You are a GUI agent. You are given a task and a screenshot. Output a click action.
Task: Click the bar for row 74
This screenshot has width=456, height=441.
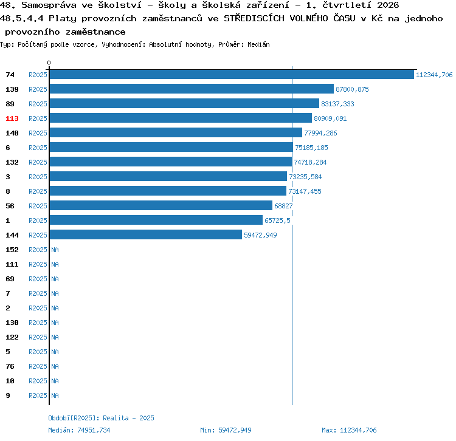pyautogui.click(x=232, y=75)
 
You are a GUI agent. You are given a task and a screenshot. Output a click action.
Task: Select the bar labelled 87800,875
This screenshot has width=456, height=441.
pyautogui.click(x=192, y=89)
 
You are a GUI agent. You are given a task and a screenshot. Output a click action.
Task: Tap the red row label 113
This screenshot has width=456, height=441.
pyautogui.click(x=12, y=118)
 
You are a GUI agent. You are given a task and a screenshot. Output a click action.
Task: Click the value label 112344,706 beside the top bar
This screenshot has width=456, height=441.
pyautogui.click(x=434, y=75)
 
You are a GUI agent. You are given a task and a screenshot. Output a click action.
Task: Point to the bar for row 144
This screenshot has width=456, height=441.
pyautogui.click(x=146, y=234)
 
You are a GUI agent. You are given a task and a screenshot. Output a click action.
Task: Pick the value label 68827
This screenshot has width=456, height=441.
pyautogui.click(x=283, y=206)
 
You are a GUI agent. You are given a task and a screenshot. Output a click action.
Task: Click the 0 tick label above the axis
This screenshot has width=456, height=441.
pyautogui.click(x=49, y=63)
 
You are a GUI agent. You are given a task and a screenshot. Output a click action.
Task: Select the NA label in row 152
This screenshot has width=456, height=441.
pyautogui.click(x=55, y=250)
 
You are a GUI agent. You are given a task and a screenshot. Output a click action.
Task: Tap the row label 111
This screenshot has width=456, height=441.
pyautogui.click(x=12, y=264)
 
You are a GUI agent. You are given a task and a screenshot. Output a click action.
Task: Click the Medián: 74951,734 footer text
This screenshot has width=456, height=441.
pyautogui.click(x=79, y=430)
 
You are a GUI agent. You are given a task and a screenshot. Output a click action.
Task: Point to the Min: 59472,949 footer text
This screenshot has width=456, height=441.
pyautogui.click(x=226, y=430)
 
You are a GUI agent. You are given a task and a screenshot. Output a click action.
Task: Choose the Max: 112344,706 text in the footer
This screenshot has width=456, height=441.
pyautogui.click(x=349, y=430)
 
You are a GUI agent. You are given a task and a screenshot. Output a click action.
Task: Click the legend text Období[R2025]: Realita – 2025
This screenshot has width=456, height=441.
pyautogui.click(x=101, y=418)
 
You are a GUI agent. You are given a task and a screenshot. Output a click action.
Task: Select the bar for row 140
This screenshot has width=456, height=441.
pyautogui.click(x=176, y=133)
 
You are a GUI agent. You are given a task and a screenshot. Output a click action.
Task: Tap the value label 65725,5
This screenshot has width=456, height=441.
pyautogui.click(x=277, y=220)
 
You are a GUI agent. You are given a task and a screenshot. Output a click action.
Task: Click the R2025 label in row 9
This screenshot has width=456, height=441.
pyautogui.click(x=38, y=395)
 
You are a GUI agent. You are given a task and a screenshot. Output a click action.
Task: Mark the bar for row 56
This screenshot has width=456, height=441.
pyautogui.click(x=161, y=206)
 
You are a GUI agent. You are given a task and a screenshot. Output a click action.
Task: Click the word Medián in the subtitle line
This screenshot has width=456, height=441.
pyautogui.click(x=258, y=44)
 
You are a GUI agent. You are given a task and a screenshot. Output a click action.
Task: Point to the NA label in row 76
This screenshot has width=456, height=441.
pyautogui.click(x=55, y=366)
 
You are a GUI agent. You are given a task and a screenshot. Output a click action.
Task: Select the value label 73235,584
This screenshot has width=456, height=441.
pyautogui.click(x=305, y=177)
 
